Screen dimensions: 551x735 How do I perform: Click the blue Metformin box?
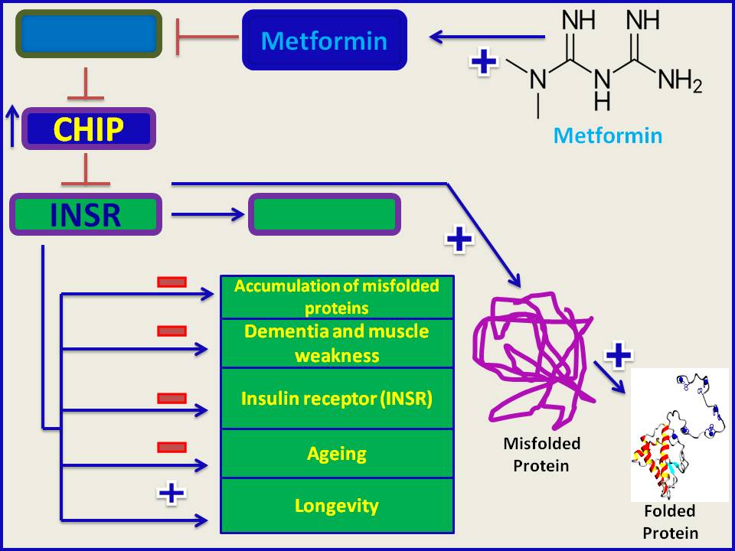(324, 40)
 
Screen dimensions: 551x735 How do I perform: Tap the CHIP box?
(89, 129)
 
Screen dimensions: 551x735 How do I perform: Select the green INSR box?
(86, 214)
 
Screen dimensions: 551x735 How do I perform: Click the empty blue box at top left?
(89, 34)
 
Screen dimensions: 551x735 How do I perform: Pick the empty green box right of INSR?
(325, 214)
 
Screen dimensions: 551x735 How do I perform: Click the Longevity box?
(337, 506)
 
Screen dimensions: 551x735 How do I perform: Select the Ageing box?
(337, 454)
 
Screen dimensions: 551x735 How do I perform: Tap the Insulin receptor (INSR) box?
(337, 399)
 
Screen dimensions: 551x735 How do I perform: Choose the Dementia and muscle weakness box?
(337, 344)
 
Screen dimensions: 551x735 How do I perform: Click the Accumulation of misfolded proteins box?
(337, 297)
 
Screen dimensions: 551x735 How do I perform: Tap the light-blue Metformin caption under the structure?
(607, 136)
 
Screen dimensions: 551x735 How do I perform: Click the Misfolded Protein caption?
(541, 454)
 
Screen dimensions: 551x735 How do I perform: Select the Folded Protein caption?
(670, 522)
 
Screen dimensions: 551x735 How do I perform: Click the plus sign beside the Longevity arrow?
(171, 492)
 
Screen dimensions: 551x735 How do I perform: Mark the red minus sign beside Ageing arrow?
(171, 447)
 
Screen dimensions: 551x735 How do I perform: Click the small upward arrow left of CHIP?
(11, 126)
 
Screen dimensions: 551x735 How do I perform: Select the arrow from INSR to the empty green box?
(206, 215)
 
